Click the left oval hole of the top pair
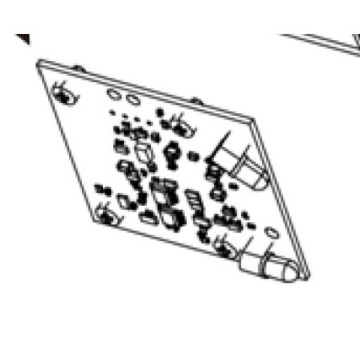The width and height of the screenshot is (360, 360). [114, 94]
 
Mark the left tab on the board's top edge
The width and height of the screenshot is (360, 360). [79, 68]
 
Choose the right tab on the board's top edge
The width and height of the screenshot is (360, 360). [194, 100]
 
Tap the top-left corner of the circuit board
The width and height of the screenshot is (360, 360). [37, 61]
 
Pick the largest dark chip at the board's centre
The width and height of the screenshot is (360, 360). [162, 192]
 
